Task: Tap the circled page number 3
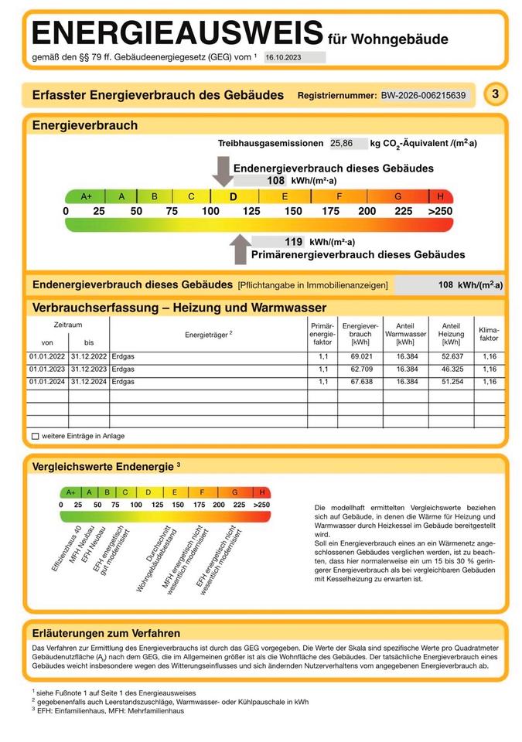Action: point(495,94)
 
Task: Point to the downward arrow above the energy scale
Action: point(223,171)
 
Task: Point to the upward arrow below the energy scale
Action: point(241,249)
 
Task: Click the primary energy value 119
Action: point(293,242)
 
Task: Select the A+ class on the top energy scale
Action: point(86,196)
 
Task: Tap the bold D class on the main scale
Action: point(233,196)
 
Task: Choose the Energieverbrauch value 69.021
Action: point(361,357)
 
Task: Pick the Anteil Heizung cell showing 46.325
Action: point(451,369)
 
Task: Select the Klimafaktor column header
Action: point(489,333)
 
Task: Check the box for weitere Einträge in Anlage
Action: point(36,437)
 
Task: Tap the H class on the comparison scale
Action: point(262,492)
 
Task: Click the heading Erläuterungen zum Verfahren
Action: point(106,633)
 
